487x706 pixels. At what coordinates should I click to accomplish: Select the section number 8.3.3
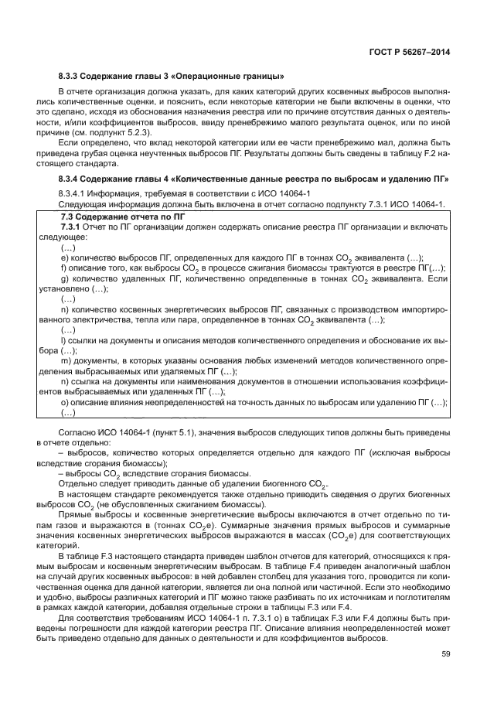pyautogui.click(x=71, y=76)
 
